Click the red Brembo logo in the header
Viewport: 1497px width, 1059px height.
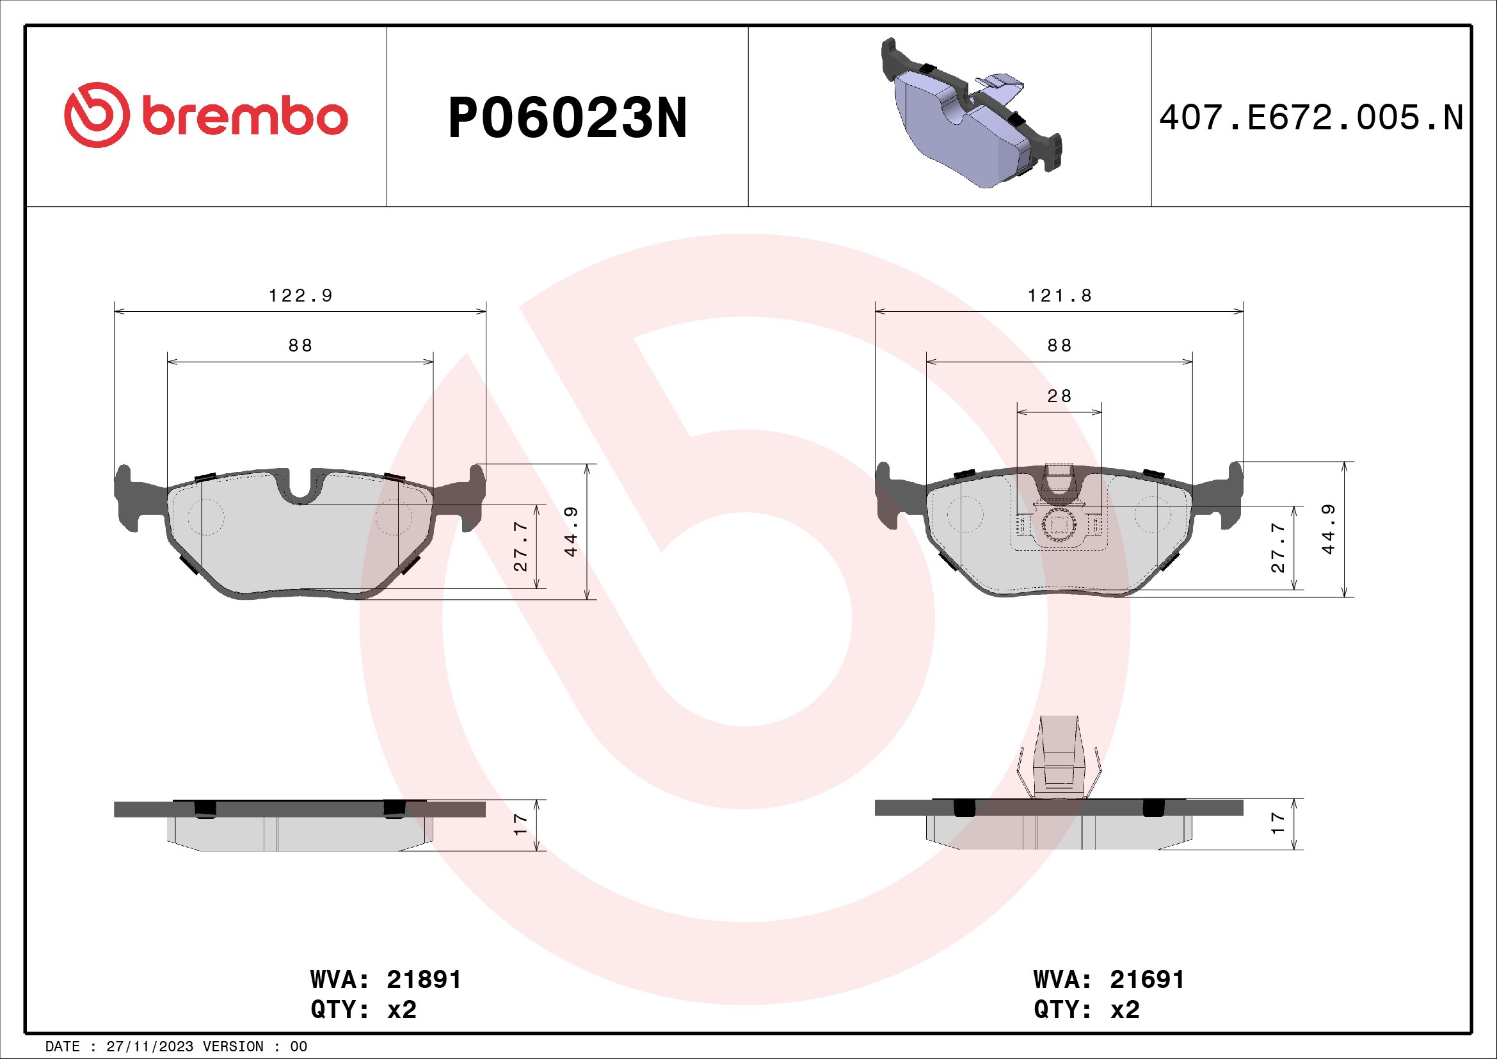point(206,115)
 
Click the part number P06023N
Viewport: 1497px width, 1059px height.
point(567,118)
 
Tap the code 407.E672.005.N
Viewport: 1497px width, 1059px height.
point(1311,118)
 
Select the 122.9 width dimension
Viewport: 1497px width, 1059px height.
point(301,296)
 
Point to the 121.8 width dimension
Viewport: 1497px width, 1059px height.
point(1059,296)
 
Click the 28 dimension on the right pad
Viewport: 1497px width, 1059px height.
point(1059,396)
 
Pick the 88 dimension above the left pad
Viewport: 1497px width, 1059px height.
point(301,346)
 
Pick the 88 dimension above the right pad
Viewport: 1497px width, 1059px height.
point(1059,346)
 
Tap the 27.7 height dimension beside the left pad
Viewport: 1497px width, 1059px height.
point(520,546)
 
